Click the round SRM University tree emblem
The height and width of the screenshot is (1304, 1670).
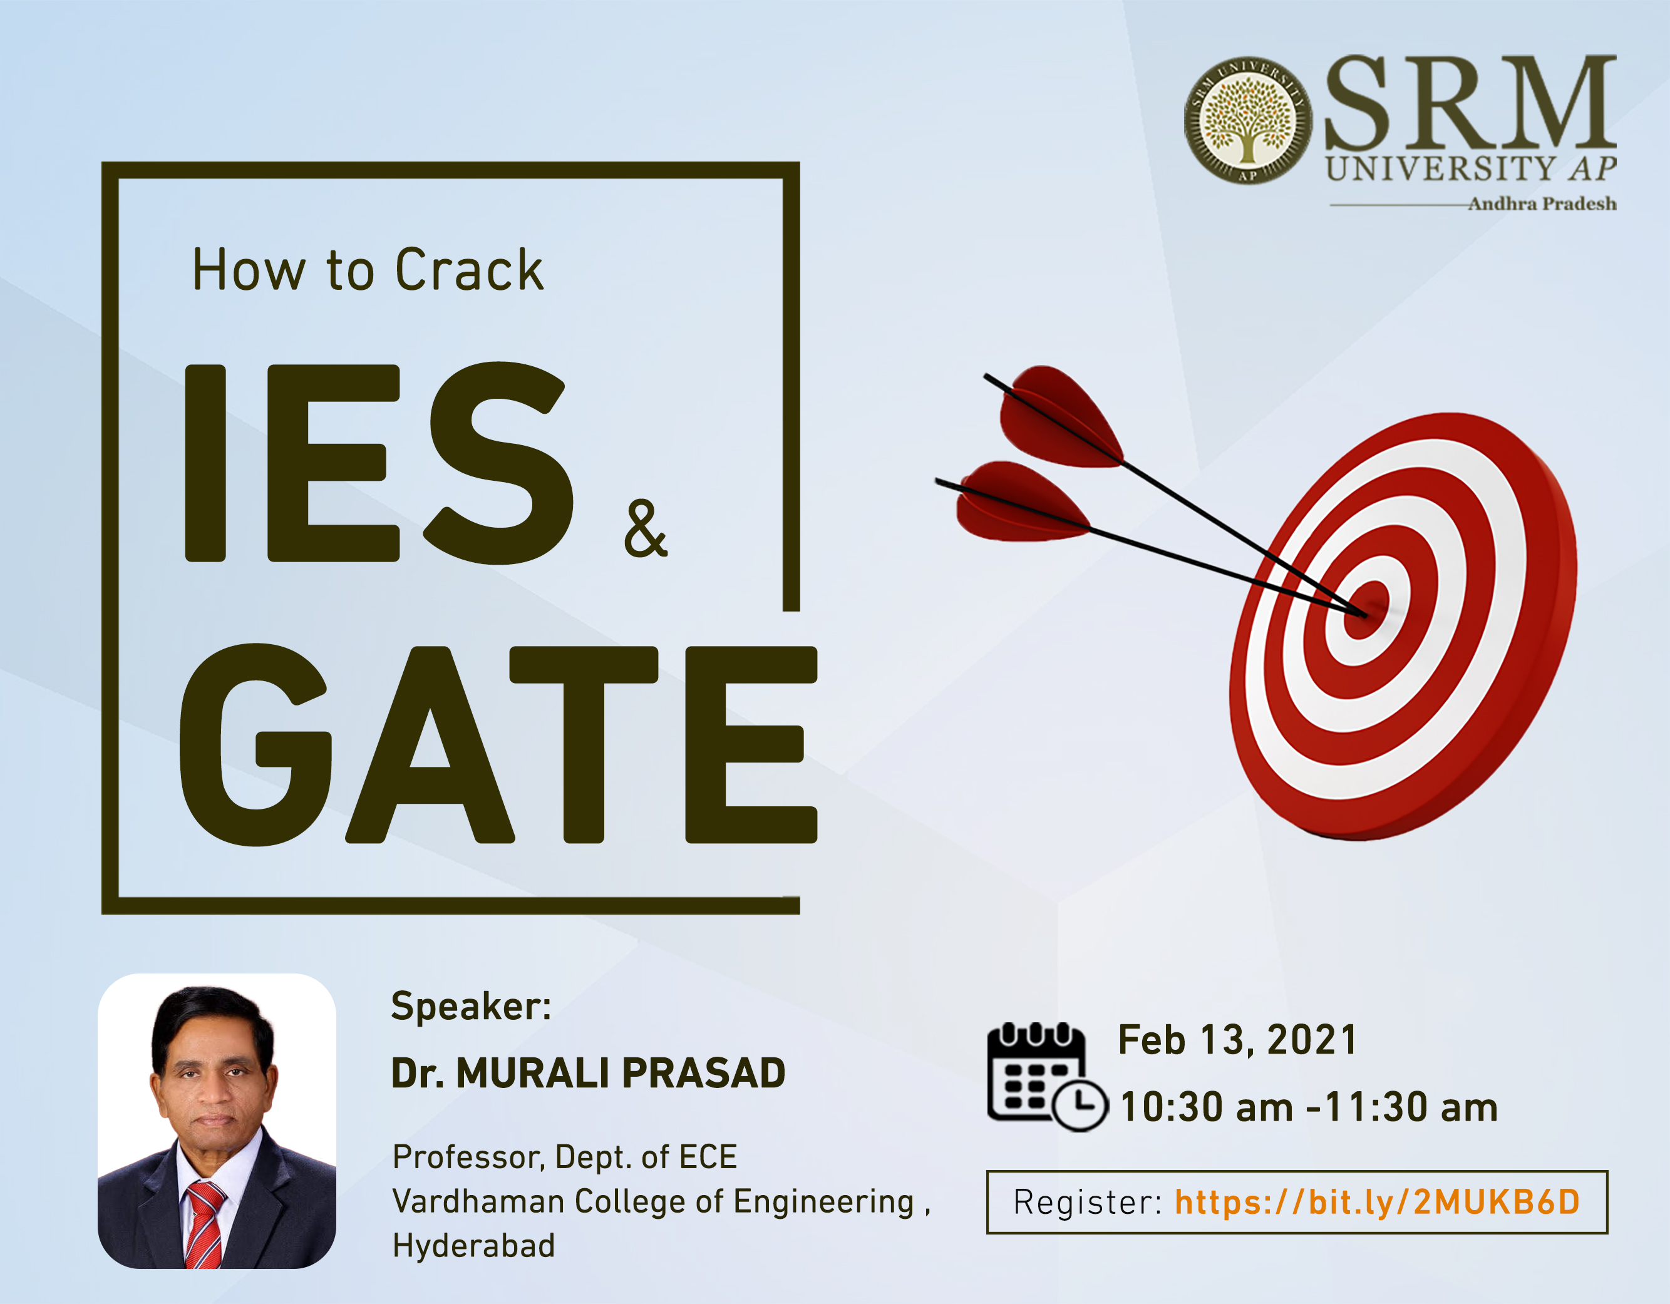tap(1248, 120)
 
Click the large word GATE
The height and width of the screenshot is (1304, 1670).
tap(498, 744)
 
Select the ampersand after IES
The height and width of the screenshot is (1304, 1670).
tap(646, 528)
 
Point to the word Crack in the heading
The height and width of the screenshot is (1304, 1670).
tap(469, 270)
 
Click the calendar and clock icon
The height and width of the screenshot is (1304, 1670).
tap(1046, 1076)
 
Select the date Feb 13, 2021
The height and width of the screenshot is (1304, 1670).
tap(1237, 1040)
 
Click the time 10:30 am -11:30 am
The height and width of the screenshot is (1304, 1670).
tap(1308, 1107)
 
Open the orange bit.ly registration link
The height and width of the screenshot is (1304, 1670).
tap(1377, 1203)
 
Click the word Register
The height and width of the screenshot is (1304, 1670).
tap(1086, 1203)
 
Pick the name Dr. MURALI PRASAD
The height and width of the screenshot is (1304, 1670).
tap(588, 1072)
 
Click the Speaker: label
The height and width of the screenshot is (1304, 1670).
tap(471, 1006)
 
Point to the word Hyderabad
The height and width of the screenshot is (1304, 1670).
tap(473, 1246)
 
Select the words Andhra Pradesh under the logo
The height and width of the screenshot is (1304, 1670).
tap(1542, 204)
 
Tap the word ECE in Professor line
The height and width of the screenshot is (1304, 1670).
tap(708, 1158)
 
